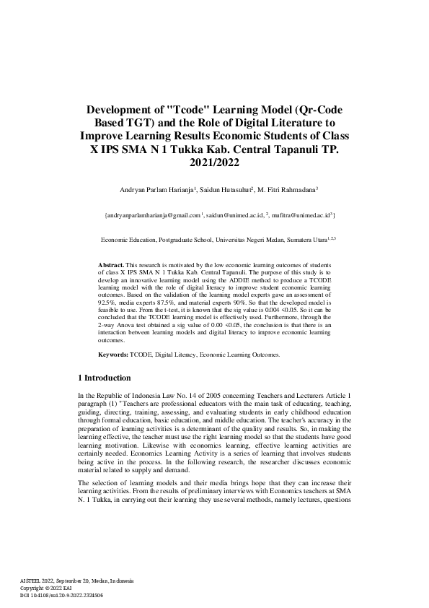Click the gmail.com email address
[154, 215]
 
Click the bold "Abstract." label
[112, 266]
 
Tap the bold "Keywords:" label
[113, 355]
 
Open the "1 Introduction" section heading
[104, 378]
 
